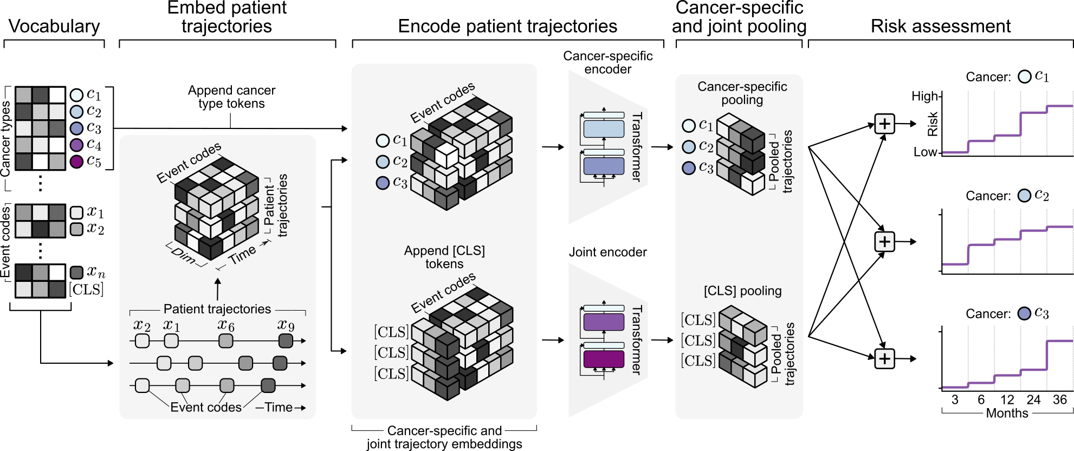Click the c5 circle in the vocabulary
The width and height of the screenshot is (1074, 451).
click(76, 162)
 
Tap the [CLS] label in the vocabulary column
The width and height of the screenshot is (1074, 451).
click(86, 289)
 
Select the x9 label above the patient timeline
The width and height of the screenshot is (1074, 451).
click(286, 325)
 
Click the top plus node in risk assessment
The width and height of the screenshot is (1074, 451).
click(884, 124)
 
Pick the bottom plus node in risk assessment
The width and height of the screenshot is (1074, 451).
click(884, 358)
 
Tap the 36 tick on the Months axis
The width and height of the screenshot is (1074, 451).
click(1059, 400)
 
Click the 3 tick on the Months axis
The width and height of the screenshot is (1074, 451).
click(955, 400)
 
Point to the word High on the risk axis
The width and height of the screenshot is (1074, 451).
click(924, 96)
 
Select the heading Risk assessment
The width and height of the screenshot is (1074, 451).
click(940, 26)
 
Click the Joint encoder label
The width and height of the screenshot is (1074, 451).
click(607, 252)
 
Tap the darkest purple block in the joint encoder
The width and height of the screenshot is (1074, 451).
click(604, 359)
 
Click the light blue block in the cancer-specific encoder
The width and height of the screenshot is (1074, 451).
click(604, 129)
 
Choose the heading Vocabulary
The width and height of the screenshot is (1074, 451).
click(54, 26)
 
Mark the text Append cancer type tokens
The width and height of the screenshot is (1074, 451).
click(231, 97)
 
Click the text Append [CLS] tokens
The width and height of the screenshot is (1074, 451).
click(444, 257)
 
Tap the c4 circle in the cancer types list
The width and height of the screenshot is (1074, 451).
click(76, 145)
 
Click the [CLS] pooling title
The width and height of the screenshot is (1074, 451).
click(742, 291)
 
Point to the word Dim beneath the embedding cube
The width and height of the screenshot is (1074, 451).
click(183, 255)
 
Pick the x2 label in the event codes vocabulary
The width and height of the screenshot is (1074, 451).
click(95, 229)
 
